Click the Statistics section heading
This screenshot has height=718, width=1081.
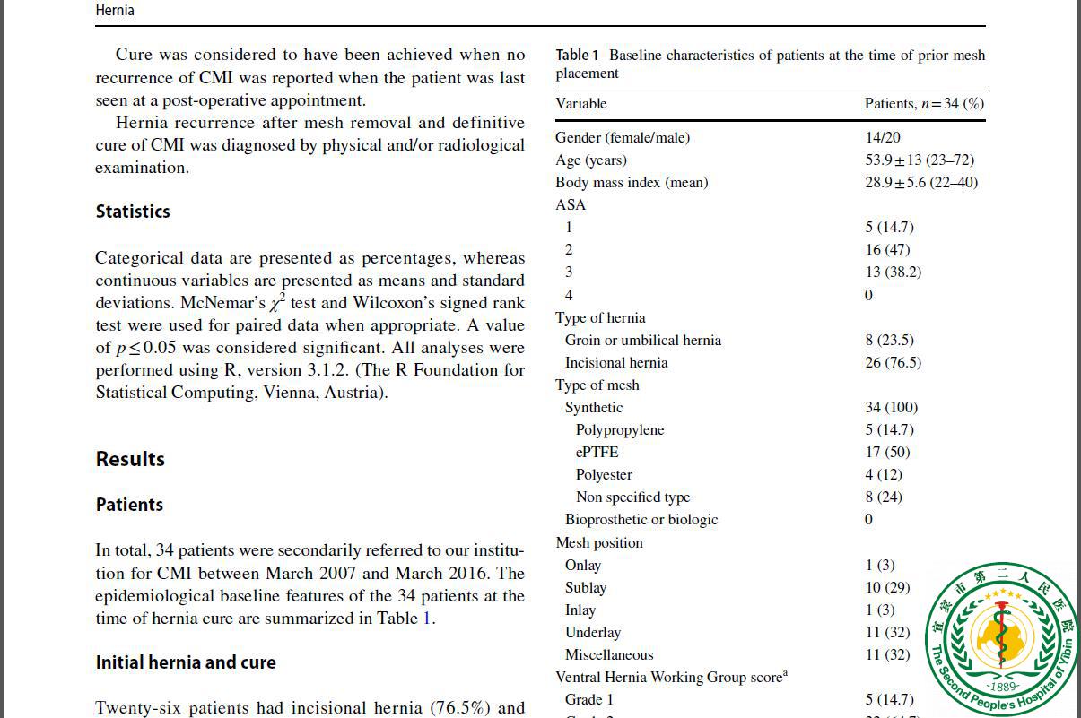[x=133, y=212]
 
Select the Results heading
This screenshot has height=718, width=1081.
[x=130, y=459]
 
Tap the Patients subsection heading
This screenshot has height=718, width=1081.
[x=129, y=505]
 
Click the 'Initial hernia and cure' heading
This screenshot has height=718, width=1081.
[x=186, y=662]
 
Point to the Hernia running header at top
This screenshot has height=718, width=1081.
[x=115, y=11]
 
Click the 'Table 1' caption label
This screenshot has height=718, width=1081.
[x=577, y=56]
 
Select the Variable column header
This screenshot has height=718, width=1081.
[x=581, y=103]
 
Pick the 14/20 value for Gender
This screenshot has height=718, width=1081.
[x=883, y=137]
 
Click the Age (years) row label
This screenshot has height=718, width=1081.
[x=591, y=160]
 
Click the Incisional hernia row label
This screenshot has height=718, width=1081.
[x=616, y=362]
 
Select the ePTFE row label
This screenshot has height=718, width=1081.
[x=597, y=452]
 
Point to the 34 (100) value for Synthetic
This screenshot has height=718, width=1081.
[x=892, y=407]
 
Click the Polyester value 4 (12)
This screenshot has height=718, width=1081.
[x=884, y=474]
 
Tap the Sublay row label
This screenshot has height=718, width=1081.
[x=586, y=587]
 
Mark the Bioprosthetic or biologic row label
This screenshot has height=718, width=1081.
[x=641, y=519]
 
